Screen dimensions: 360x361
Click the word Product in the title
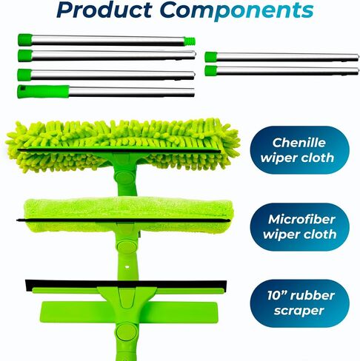point(104,10)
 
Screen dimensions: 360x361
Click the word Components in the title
point(237,11)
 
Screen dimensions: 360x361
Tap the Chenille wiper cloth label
point(299,150)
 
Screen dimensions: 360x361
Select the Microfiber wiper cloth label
point(299,227)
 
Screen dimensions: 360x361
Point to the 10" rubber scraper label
point(299,303)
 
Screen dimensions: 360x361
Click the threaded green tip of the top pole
point(190,41)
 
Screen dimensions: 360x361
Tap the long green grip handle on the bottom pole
point(43,92)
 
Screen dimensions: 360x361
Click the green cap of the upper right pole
point(211,57)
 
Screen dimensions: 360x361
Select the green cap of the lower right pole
point(211,71)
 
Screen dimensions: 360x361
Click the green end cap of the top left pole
point(25,40)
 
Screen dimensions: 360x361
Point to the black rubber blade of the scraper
point(126,284)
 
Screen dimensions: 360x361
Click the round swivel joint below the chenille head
point(124,178)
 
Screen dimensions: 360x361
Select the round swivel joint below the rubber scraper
point(126,331)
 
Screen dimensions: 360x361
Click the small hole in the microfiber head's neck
point(127,267)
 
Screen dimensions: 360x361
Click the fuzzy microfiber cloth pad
point(128,215)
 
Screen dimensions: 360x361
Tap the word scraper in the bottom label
point(299,311)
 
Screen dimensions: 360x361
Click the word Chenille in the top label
point(299,143)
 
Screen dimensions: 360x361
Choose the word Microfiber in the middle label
point(301,219)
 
